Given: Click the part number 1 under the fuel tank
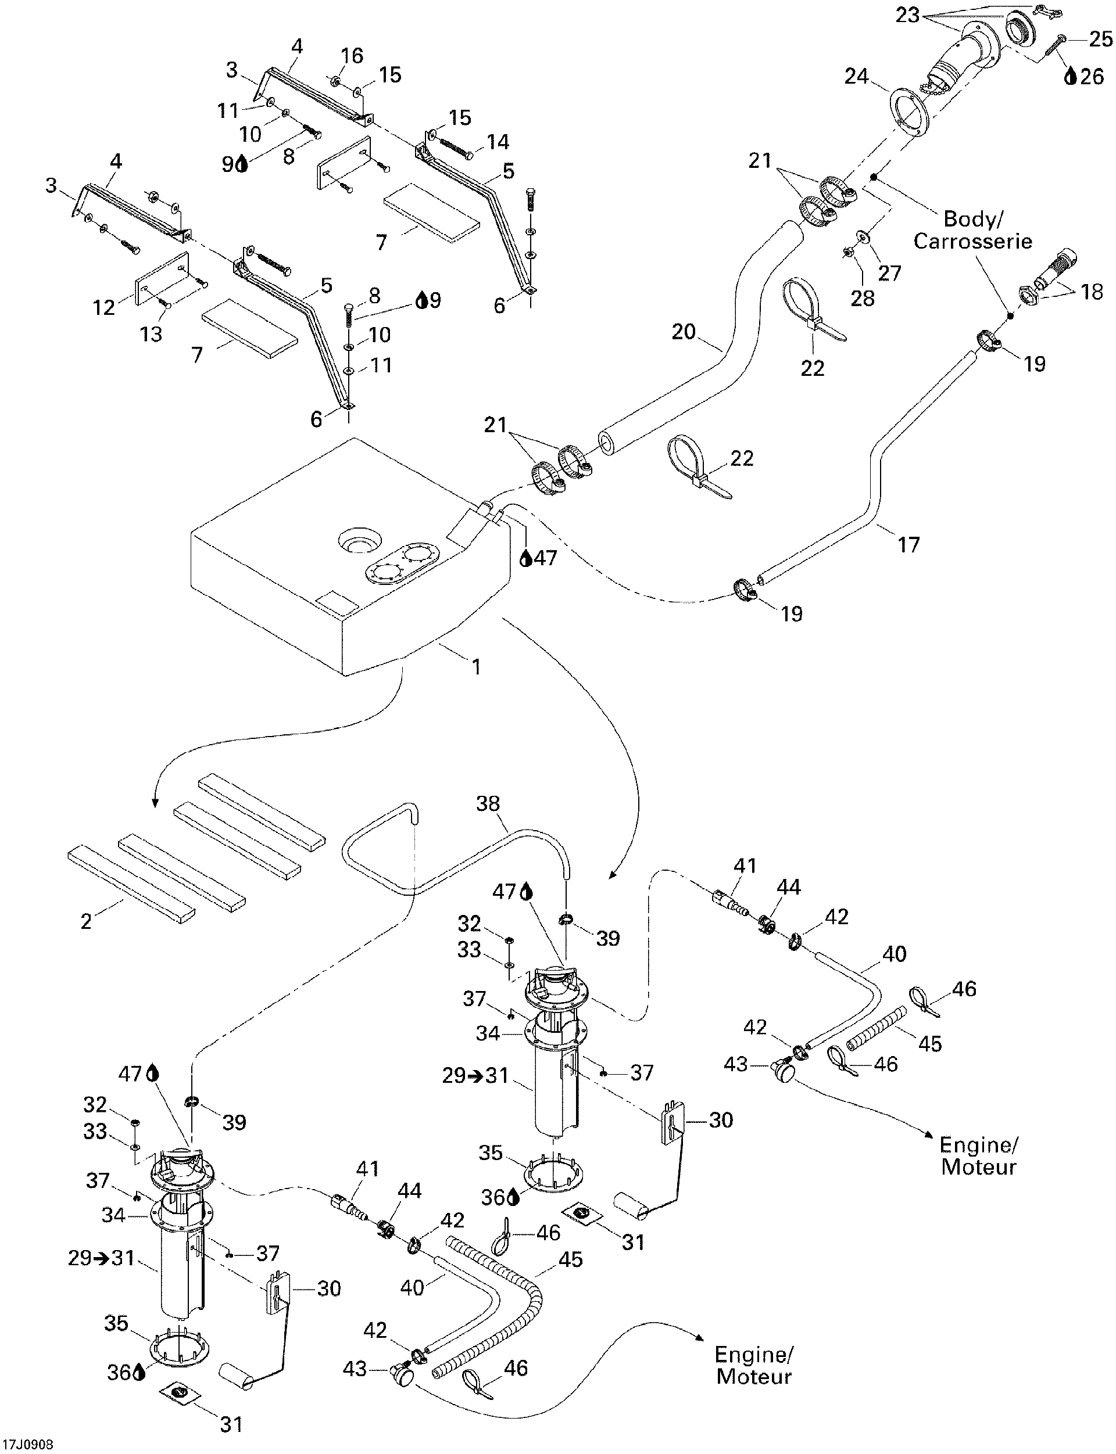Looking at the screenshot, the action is (475, 666).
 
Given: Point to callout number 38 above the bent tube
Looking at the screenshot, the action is (489, 804).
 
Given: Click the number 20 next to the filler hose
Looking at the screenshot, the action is (683, 331).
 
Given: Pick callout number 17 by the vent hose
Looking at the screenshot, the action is (908, 544).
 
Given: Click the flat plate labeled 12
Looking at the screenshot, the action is (163, 278).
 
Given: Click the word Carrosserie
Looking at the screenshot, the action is (972, 240).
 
